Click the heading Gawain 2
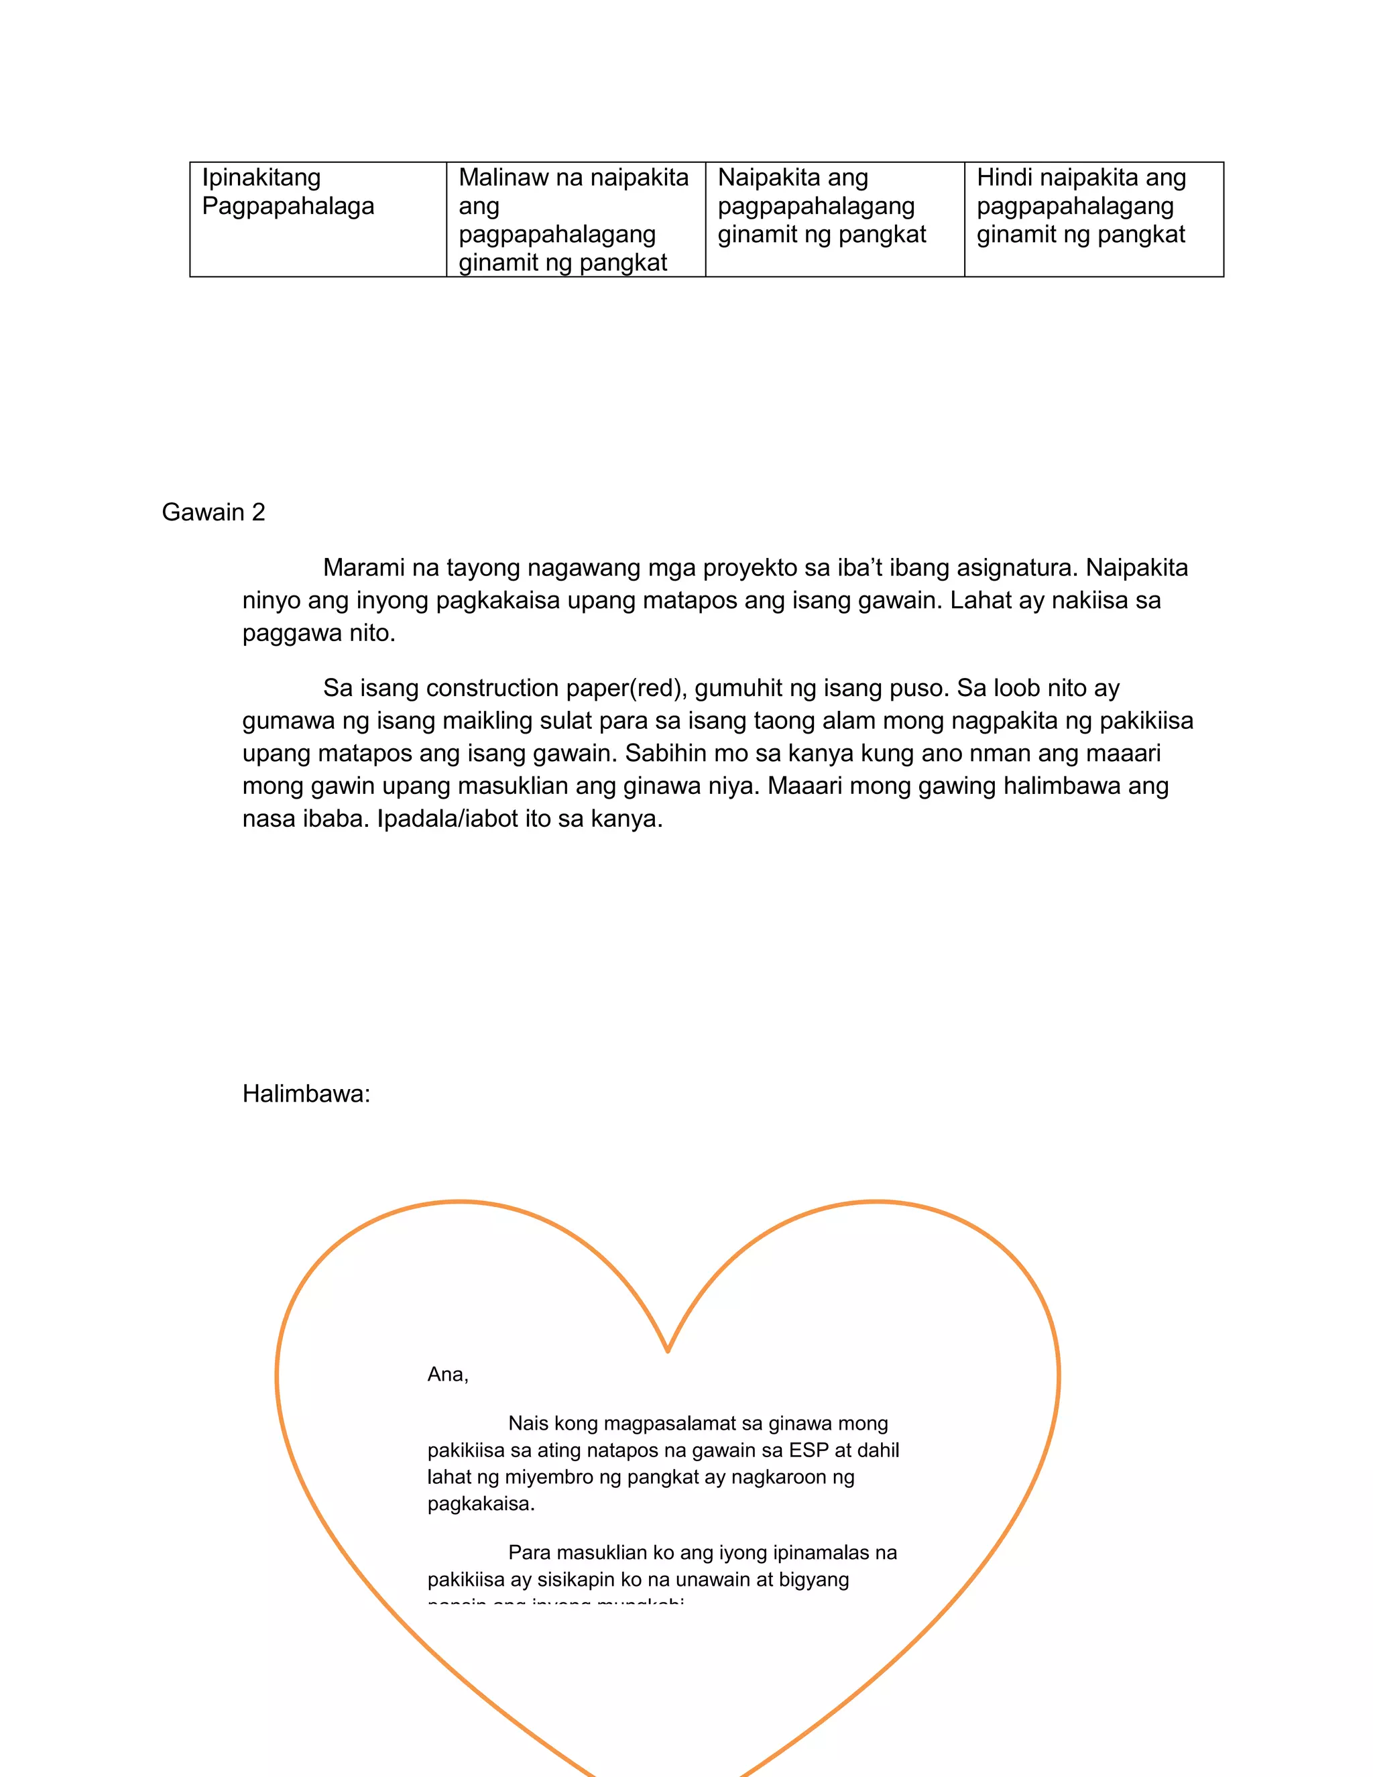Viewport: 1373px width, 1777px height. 213,512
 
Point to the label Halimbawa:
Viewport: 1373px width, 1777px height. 306,1094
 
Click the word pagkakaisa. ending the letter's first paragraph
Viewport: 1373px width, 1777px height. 481,1503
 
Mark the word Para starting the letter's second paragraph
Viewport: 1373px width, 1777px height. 530,1552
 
